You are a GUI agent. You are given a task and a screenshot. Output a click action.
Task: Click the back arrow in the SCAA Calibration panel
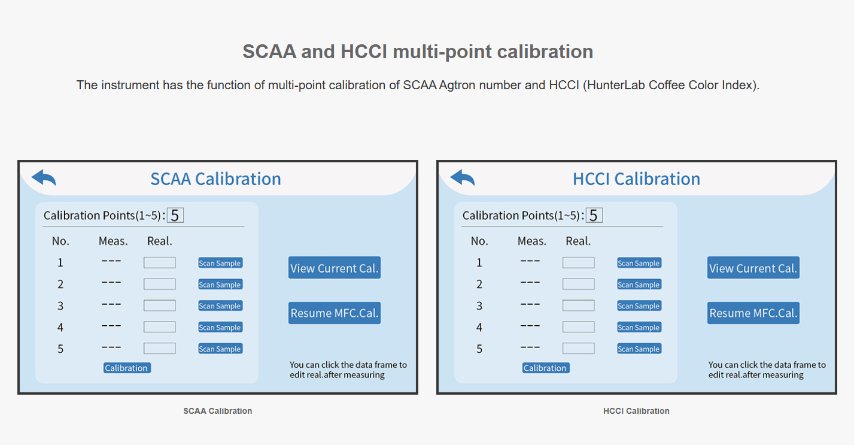click(x=44, y=177)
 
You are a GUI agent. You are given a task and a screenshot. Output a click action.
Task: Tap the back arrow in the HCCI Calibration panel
click(x=463, y=177)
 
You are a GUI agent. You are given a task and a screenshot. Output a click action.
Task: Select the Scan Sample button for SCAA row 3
click(x=220, y=305)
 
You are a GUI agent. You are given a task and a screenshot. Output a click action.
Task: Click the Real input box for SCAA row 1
click(x=159, y=262)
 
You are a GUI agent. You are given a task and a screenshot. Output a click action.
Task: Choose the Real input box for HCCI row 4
click(x=578, y=327)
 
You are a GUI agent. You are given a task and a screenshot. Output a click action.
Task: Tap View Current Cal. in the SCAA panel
click(x=335, y=268)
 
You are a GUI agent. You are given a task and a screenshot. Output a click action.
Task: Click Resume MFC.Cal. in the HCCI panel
click(x=753, y=313)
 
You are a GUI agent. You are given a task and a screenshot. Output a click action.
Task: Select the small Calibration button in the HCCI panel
click(x=546, y=368)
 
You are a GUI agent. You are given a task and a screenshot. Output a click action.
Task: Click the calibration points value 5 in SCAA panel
click(x=175, y=216)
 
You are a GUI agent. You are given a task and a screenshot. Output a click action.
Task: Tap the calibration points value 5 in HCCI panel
click(x=594, y=216)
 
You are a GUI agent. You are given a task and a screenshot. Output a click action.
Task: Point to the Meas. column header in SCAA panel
click(x=113, y=241)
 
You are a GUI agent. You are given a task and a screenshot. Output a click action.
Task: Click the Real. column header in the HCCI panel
click(x=578, y=241)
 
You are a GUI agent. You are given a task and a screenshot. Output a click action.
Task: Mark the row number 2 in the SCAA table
click(x=60, y=284)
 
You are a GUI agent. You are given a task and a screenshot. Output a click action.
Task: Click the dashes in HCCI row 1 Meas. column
click(x=530, y=261)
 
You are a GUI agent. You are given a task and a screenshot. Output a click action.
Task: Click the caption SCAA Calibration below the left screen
click(x=218, y=411)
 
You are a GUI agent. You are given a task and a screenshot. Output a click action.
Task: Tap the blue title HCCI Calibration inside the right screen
click(x=636, y=179)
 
